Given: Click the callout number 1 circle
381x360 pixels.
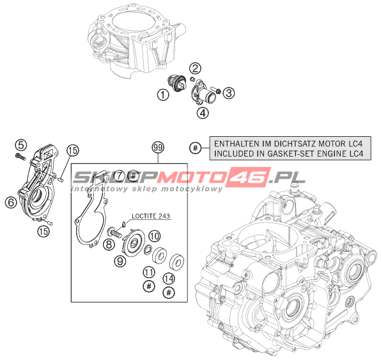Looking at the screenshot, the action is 163,94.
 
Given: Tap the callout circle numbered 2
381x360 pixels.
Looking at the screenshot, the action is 195,68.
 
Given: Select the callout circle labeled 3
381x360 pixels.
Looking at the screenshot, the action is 228,93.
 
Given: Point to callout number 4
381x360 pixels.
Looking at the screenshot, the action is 203,113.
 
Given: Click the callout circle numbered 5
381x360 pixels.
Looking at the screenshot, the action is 21,145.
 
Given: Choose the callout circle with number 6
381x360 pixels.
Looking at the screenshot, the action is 11,202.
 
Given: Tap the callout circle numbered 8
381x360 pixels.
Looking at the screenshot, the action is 109,244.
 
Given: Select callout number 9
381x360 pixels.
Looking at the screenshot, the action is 120,261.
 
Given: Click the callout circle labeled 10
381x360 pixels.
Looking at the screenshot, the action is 155,236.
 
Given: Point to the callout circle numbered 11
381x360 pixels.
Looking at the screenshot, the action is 149,272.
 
